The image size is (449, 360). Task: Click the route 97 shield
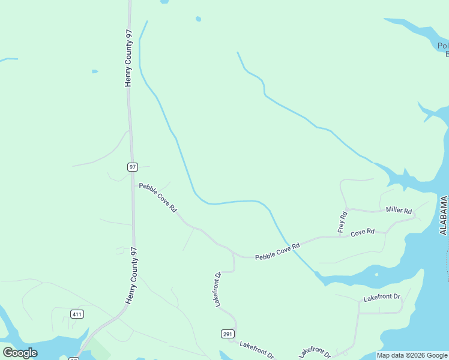coord(133,167)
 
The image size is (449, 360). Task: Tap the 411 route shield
coord(76,314)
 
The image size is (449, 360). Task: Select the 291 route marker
coord(228,334)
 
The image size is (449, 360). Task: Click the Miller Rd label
coord(399,211)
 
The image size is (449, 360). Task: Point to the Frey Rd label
coord(343,222)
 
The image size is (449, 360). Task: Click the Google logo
coord(20,353)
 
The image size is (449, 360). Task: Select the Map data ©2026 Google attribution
coord(412,355)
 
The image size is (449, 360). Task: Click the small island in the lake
coord(376,275)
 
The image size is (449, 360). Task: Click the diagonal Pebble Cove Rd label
coord(158,197)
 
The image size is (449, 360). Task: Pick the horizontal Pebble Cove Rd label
coord(277,251)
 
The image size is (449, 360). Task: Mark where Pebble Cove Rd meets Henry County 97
coord(133,184)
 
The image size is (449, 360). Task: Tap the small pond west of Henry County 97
coord(95,71)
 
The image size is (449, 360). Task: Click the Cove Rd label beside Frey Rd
coord(363,232)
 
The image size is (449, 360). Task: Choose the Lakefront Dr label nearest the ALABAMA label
coord(381,298)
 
